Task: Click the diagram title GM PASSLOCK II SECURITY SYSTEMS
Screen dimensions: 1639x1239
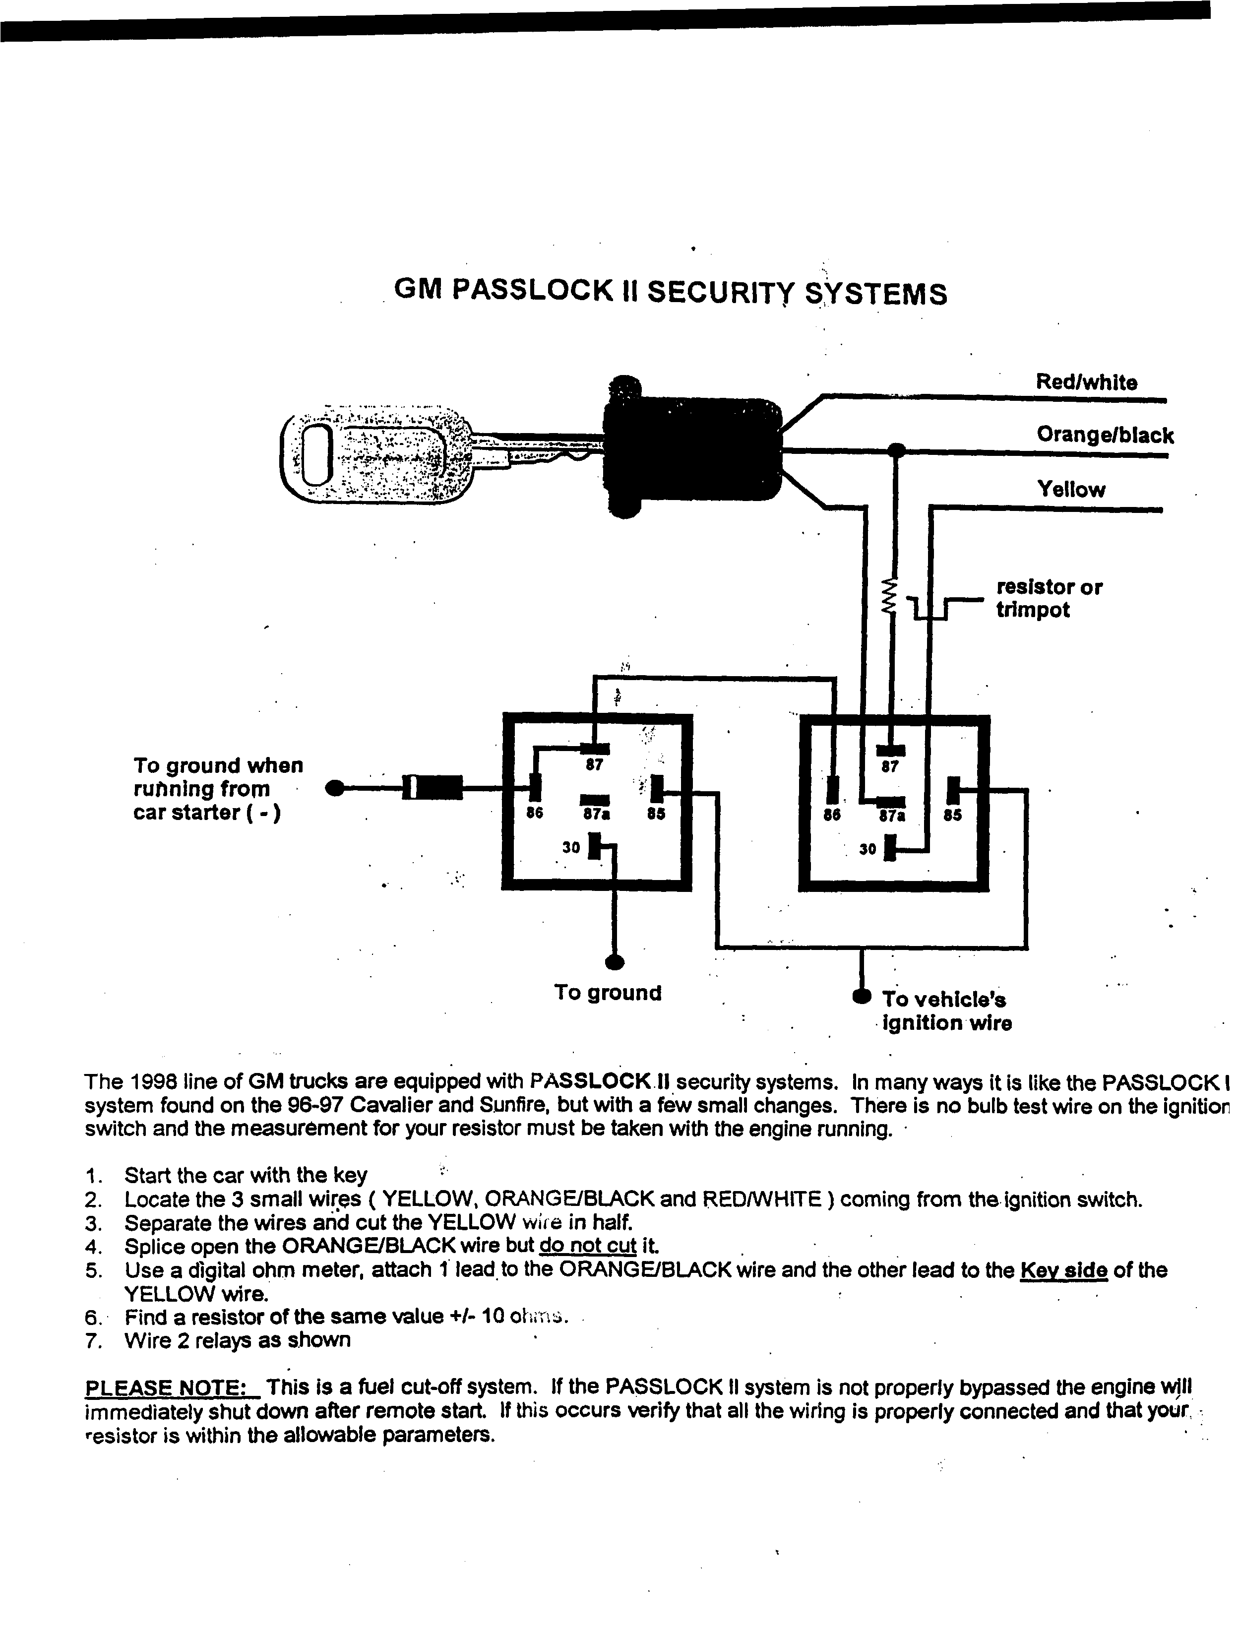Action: click(x=671, y=293)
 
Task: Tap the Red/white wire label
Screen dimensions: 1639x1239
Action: click(x=1086, y=382)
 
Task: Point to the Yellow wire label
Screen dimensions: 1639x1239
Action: click(x=1071, y=489)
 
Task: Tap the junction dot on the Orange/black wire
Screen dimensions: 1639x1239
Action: click(x=897, y=449)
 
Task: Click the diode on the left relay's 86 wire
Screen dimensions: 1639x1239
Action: click(x=434, y=788)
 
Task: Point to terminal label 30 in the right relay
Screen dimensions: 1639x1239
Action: click(x=867, y=849)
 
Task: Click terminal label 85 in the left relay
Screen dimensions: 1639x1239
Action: click(x=656, y=814)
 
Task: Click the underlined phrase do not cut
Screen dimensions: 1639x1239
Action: click(x=588, y=1245)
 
